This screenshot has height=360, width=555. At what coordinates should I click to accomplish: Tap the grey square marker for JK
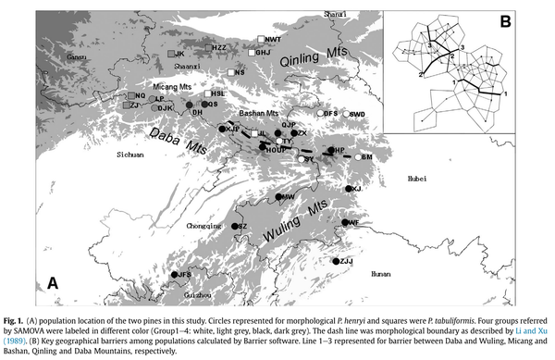pos(170,55)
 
